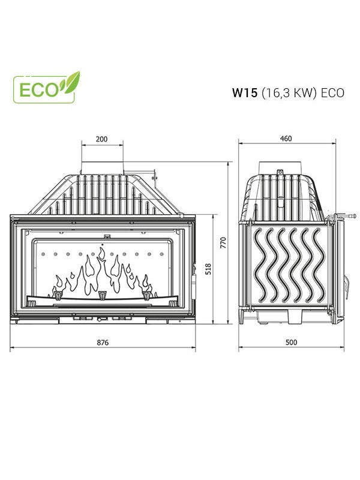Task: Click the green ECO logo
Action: pos(46,88)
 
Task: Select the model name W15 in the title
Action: pos(245,93)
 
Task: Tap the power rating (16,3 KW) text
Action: pos(289,93)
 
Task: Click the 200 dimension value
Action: pos(101,139)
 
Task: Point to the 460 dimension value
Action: pos(286,139)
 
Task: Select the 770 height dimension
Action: pos(223,243)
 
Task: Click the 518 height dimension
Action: pos(208,269)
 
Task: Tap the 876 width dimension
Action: pos(103,343)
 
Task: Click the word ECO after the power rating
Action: pos(332,93)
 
